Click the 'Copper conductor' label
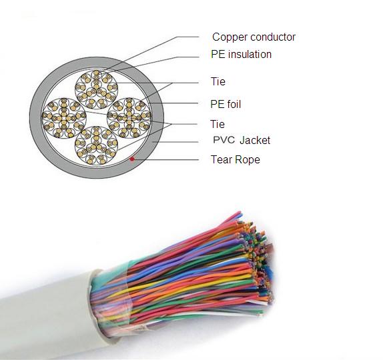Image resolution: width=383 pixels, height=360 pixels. click(x=254, y=37)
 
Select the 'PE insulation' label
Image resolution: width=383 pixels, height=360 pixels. click(x=241, y=54)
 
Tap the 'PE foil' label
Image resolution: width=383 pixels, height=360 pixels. click(x=226, y=104)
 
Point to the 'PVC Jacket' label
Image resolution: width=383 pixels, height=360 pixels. click(x=242, y=140)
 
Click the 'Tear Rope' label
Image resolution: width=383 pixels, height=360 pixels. click(x=236, y=159)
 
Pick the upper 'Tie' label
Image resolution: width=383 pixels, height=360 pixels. click(x=218, y=81)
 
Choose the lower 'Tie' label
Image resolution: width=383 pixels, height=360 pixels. click(x=218, y=124)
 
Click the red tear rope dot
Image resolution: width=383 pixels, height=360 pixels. click(x=132, y=159)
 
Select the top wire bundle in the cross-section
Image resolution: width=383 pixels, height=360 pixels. click(x=97, y=89)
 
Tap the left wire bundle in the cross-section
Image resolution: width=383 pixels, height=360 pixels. click(x=64, y=119)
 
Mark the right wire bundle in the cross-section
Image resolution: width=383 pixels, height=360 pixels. click(x=129, y=118)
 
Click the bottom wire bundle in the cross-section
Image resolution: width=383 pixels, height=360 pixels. click(x=97, y=146)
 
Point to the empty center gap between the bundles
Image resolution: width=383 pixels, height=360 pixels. click(x=97, y=119)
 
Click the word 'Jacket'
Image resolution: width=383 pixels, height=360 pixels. click(x=255, y=141)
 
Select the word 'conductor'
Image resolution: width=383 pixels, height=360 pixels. click(x=273, y=37)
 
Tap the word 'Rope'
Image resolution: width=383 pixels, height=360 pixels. click(x=248, y=159)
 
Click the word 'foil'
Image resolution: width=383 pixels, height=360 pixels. click(x=234, y=104)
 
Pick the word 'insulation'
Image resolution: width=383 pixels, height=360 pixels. click(x=250, y=54)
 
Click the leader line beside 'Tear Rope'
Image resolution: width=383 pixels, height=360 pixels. click(x=167, y=160)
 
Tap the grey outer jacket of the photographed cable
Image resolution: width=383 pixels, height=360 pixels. click(x=49, y=317)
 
